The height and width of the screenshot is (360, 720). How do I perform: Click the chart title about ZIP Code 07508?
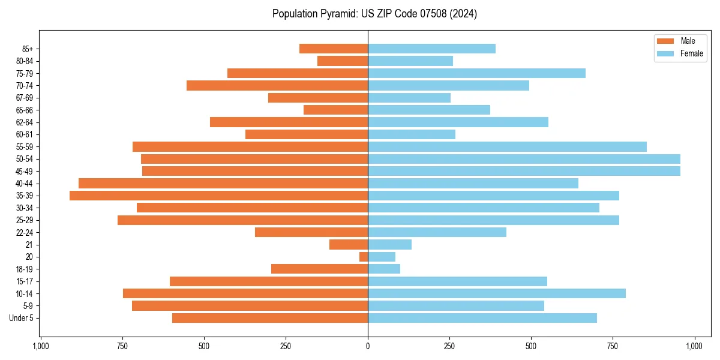pyautogui.click(x=374, y=14)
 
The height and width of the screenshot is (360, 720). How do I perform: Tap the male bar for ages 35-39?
pyautogui.click(x=218, y=196)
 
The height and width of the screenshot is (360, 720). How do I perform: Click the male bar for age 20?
pyautogui.click(x=364, y=257)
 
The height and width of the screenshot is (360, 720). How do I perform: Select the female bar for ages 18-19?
pyautogui.click(x=384, y=269)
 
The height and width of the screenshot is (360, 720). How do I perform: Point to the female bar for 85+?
pyautogui.click(x=431, y=49)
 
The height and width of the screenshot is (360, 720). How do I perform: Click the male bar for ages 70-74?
pyautogui.click(x=277, y=85)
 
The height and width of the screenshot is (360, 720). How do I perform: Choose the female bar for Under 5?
pyautogui.click(x=482, y=318)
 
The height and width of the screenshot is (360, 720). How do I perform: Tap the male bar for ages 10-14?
pyautogui.click(x=245, y=293)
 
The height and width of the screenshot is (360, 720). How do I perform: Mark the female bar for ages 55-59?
pyautogui.click(x=507, y=146)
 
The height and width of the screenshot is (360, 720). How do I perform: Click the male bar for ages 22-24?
pyautogui.click(x=311, y=232)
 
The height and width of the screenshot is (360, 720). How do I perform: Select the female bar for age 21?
pyautogui.click(x=389, y=244)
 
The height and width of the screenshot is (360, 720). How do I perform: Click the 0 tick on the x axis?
pyautogui.click(x=368, y=347)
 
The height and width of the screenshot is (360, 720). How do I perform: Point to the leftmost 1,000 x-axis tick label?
pyautogui.click(x=41, y=347)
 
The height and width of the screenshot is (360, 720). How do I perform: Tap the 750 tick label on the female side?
pyautogui.click(x=613, y=347)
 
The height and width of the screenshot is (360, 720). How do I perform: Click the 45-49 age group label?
pyautogui.click(x=24, y=171)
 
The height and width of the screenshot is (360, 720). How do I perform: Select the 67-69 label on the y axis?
pyautogui.click(x=24, y=98)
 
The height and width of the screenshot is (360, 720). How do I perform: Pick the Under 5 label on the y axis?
pyautogui.click(x=21, y=318)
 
